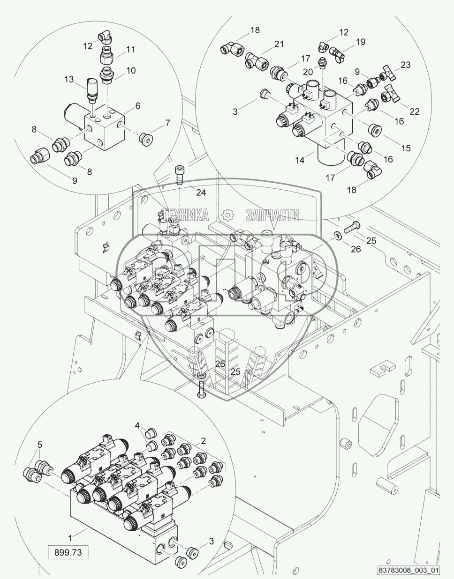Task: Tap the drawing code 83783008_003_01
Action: (x=410, y=571)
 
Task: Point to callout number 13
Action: (x=69, y=80)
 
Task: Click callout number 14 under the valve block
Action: (x=300, y=160)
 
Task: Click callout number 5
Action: (x=40, y=444)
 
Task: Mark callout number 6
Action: (x=137, y=106)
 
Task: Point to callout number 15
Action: (x=406, y=148)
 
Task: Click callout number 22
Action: (x=415, y=111)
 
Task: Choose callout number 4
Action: (x=137, y=425)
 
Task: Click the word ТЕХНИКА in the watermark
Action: (x=185, y=215)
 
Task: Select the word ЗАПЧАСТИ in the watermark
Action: (x=272, y=215)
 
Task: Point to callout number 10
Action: (x=131, y=70)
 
